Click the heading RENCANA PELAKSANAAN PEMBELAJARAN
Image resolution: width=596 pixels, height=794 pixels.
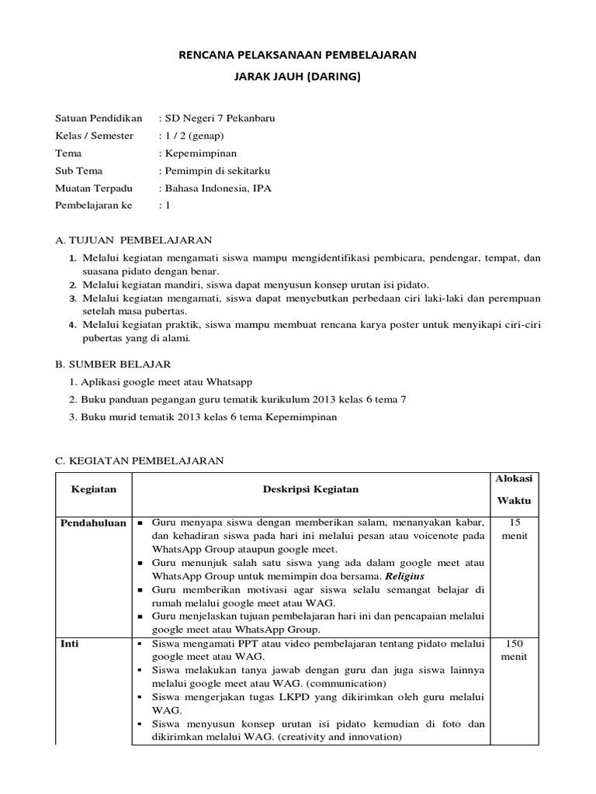[x=298, y=55]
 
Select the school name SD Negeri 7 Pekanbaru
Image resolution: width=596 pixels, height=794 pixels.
[x=217, y=119]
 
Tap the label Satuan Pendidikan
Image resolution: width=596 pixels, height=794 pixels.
[x=99, y=119]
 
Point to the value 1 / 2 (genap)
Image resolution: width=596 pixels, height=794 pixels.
[x=191, y=136]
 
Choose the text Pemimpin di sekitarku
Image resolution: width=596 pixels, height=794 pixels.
[x=214, y=171]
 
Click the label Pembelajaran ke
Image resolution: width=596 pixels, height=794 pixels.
[x=93, y=205]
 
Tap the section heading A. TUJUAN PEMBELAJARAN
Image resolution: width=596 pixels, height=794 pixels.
[x=133, y=240]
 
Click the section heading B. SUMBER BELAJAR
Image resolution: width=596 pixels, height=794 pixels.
[x=113, y=364]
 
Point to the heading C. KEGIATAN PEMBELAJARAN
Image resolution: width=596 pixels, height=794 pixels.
[x=140, y=461]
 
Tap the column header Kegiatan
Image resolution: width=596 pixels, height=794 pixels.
[x=93, y=490]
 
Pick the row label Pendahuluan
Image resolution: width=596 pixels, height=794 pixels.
[x=93, y=523]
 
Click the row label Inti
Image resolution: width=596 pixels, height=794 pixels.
[x=70, y=644]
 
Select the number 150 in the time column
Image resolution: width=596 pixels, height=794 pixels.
[x=514, y=644]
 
